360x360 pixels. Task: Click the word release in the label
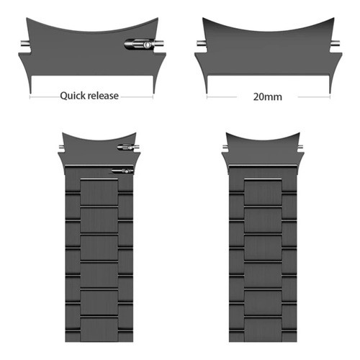[103, 96]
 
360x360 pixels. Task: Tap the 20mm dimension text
[268, 96]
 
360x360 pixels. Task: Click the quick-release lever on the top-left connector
[138, 45]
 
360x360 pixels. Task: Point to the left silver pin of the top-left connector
[25, 44]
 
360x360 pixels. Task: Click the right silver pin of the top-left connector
[159, 44]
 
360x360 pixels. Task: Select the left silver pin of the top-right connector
[201, 44]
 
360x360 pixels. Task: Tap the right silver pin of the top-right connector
[336, 44]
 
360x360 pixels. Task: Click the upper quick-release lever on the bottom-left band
[125, 147]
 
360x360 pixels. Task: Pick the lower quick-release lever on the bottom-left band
[122, 171]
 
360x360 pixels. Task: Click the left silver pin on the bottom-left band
[61, 147]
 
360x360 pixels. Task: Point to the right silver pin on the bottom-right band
[300, 147]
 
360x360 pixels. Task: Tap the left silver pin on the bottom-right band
[225, 147]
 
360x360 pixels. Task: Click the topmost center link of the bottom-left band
[99, 192]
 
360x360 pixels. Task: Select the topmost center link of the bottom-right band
[263, 192]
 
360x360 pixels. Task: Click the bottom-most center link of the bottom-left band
[99, 330]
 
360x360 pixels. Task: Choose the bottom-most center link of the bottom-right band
[263, 330]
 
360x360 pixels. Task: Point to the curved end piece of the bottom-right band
[263, 150]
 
